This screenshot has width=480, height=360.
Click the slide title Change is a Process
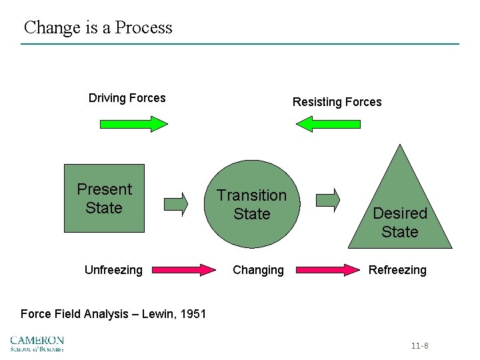tap(98, 27)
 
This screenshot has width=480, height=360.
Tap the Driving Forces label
tap(127, 98)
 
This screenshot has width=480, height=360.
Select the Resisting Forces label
tap(337, 102)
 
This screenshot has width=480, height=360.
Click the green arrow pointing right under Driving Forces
tap(133, 124)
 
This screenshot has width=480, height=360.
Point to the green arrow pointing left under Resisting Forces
tap(328, 124)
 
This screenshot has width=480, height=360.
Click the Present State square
tap(104, 198)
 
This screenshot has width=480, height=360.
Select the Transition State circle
tap(251, 205)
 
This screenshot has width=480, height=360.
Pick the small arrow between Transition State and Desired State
tap(327, 199)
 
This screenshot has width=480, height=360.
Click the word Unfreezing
tap(113, 270)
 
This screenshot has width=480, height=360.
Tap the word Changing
tap(257, 270)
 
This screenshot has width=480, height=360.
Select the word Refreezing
tap(397, 270)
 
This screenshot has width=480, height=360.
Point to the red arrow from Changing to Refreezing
tap(327, 270)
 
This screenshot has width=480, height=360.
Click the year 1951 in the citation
tap(193, 313)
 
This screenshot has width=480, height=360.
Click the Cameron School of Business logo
tap(37, 343)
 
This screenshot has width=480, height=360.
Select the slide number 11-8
tap(420, 346)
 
